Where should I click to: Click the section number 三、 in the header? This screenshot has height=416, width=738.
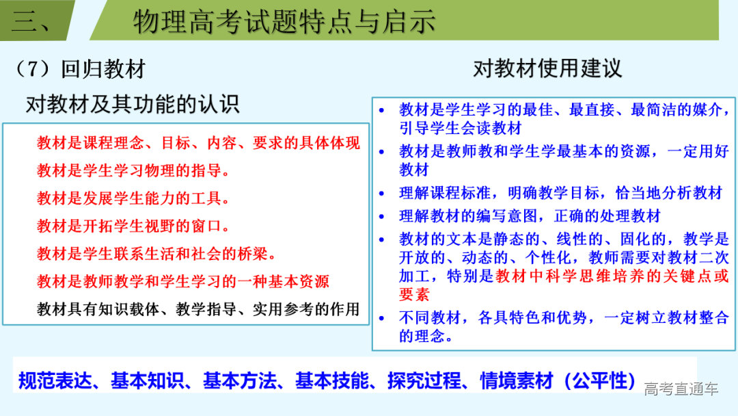click(x=31, y=22)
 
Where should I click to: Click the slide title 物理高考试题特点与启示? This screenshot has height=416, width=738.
click(x=284, y=22)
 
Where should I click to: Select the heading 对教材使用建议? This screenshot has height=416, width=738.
click(x=547, y=68)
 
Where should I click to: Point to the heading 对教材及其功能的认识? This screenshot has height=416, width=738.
click(x=133, y=104)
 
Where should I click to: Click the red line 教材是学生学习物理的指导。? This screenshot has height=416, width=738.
click(x=134, y=170)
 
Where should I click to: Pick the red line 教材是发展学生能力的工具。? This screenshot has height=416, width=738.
click(x=134, y=198)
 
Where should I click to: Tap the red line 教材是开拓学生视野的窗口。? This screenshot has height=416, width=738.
click(x=134, y=226)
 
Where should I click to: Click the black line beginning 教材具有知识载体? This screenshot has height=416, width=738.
click(x=198, y=309)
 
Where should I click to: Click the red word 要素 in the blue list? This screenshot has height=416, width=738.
click(x=414, y=295)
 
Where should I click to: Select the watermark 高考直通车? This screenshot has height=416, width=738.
click(x=681, y=389)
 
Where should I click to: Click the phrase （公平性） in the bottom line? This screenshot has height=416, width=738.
click(x=600, y=380)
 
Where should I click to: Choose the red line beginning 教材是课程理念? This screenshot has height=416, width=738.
click(x=198, y=143)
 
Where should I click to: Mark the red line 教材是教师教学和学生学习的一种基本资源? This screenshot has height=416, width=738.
click(x=183, y=281)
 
